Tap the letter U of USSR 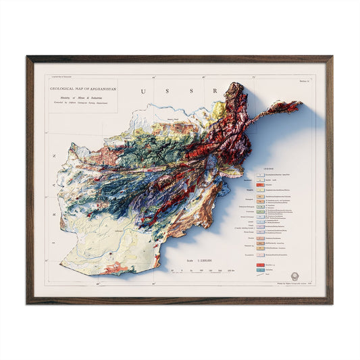[142, 91]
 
